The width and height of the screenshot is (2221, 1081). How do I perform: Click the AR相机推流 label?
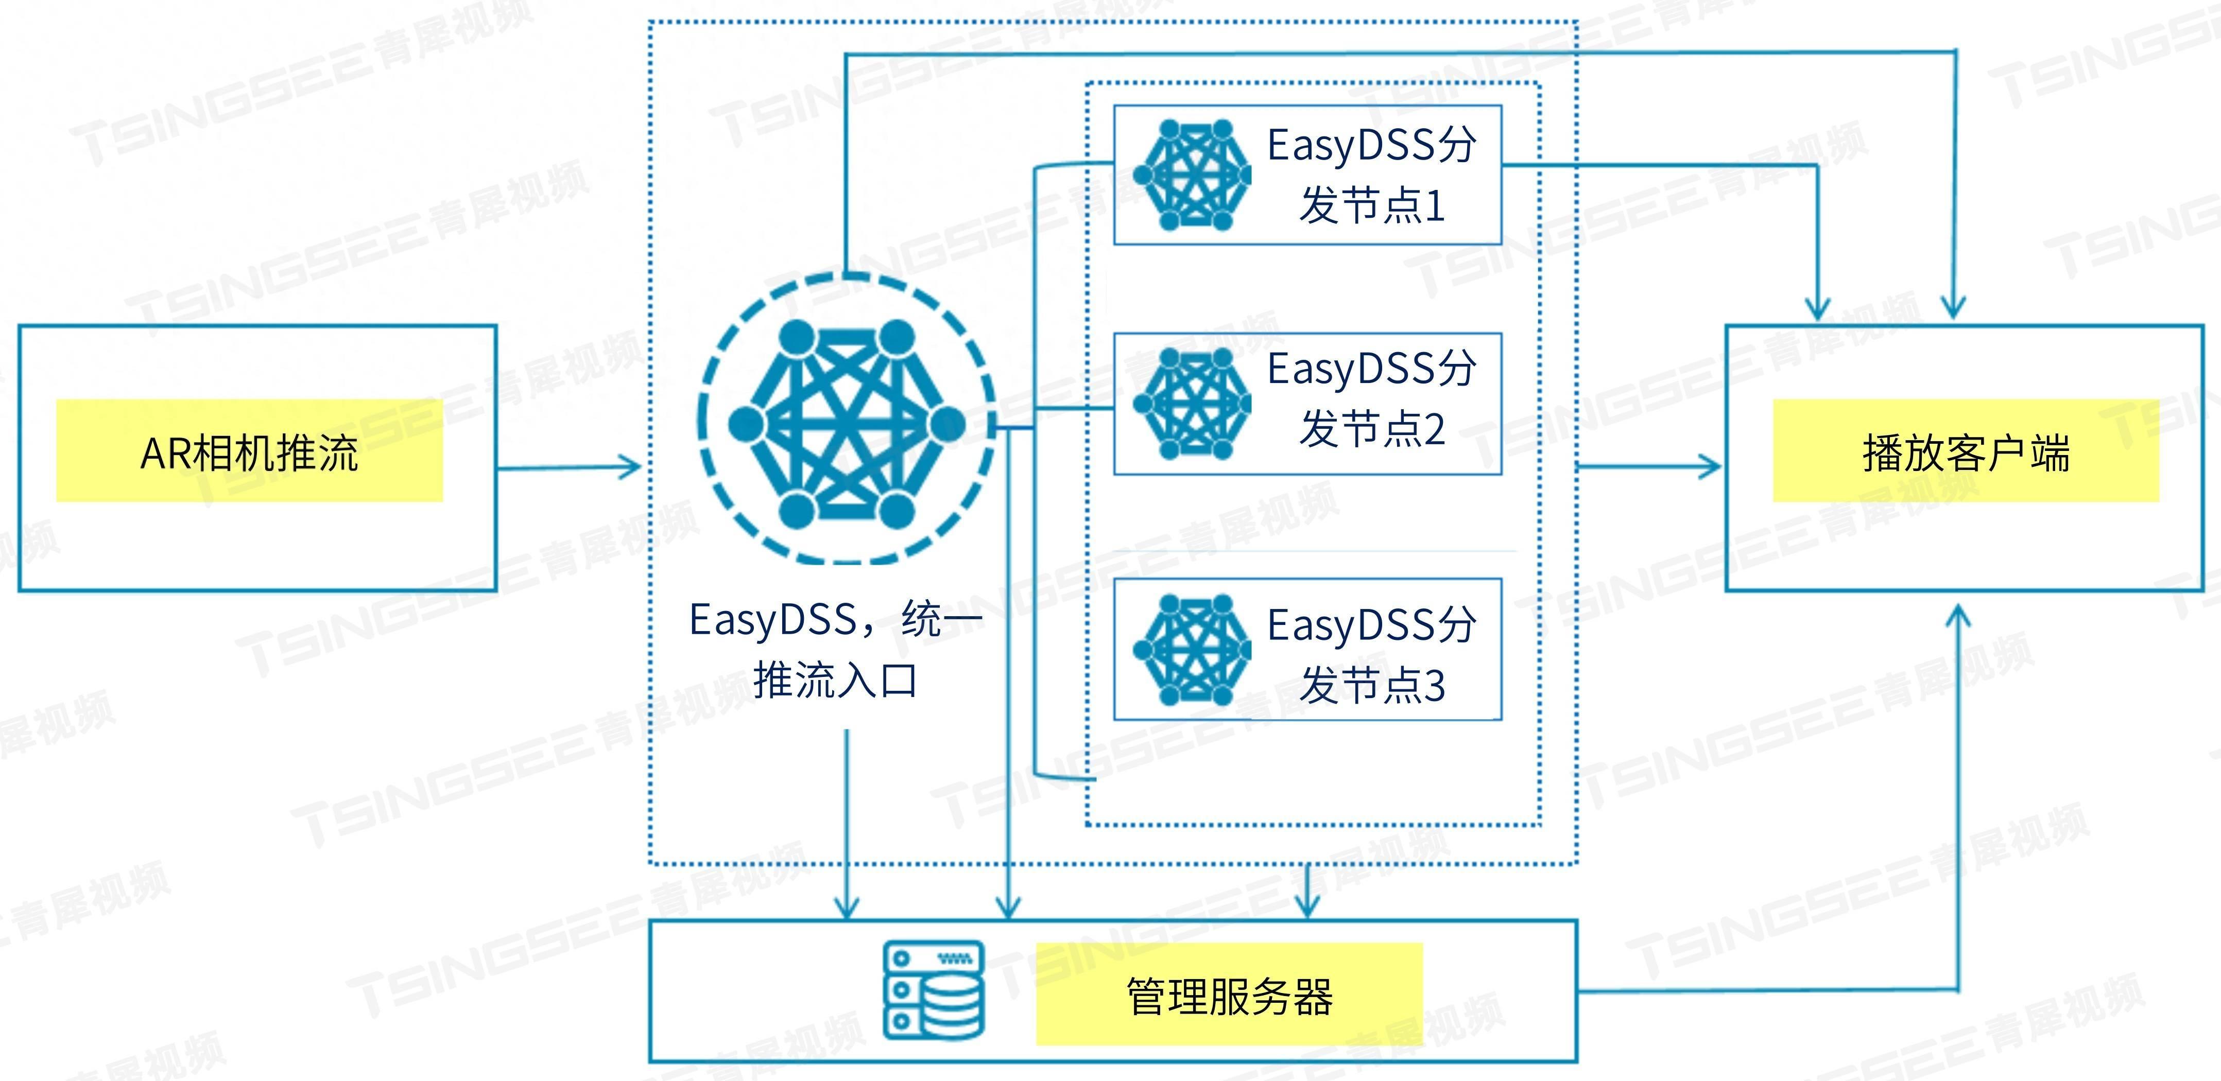(249, 452)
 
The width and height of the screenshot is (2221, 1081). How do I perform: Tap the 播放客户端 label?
(1965, 452)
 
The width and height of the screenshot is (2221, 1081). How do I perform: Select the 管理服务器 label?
(1229, 996)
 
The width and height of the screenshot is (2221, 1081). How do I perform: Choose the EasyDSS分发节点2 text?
(1371, 398)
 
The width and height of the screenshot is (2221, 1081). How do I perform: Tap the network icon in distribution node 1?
(1193, 175)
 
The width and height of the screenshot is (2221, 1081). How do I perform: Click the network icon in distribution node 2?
(1193, 403)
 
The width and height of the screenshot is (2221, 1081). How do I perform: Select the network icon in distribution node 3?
(1193, 649)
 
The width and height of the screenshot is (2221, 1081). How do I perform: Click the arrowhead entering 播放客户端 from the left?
(1711, 468)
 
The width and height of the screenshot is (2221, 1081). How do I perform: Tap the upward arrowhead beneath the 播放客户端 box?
(1958, 614)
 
